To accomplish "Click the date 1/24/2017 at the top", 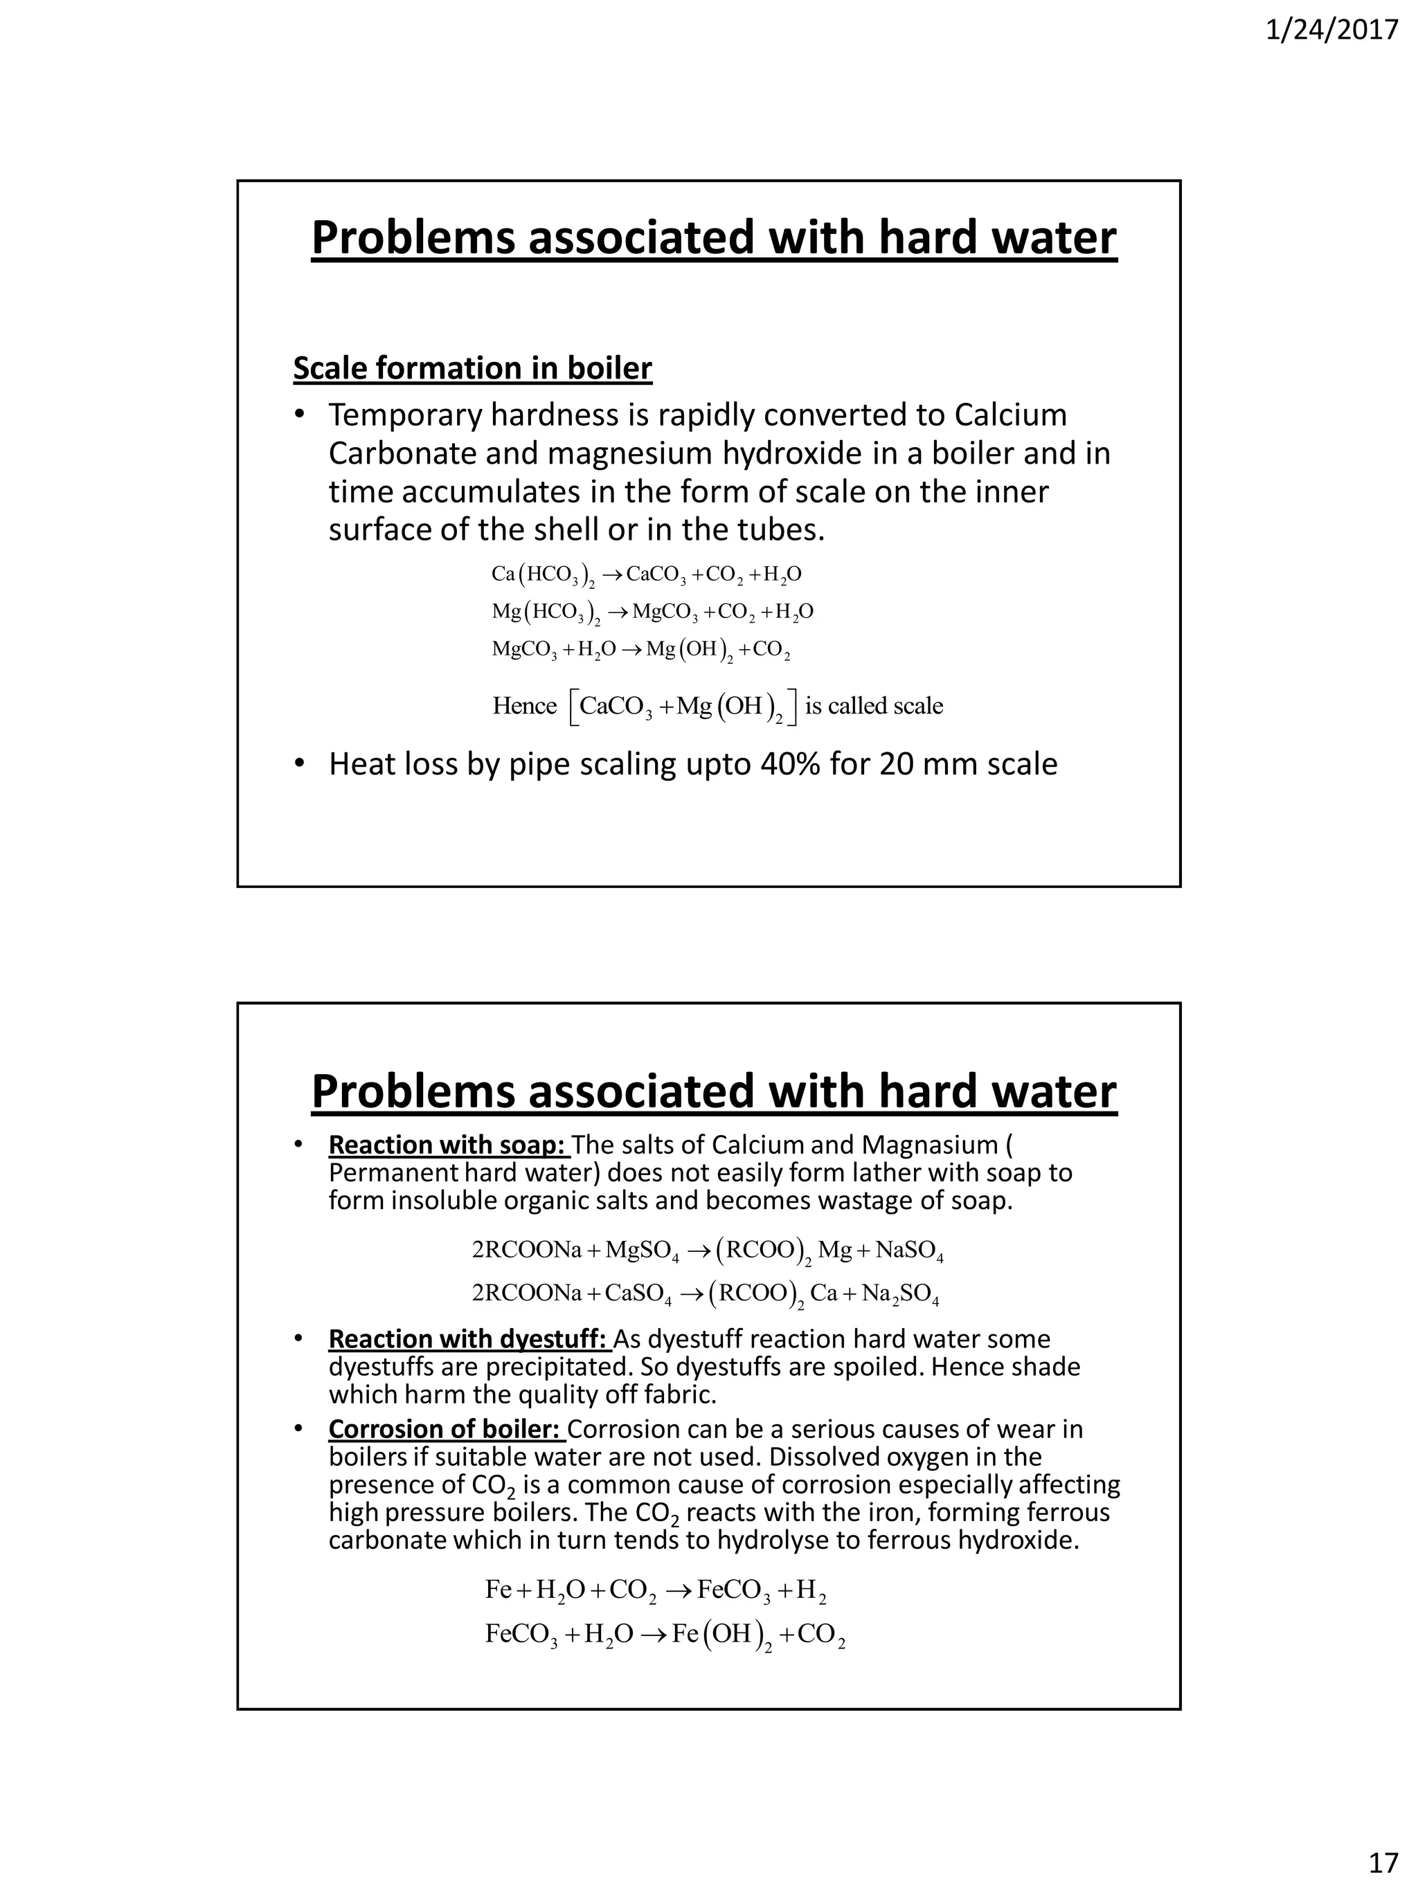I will pyautogui.click(x=1331, y=30).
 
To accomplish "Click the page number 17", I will pyautogui.click(x=1383, y=1862).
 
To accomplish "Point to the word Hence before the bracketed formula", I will pyautogui.click(x=524, y=706).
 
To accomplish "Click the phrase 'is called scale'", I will pyautogui.click(x=874, y=706).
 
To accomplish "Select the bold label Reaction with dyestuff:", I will pyautogui.click(x=467, y=1339).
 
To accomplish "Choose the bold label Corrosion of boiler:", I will pyautogui.click(x=445, y=1430).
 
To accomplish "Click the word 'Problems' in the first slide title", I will pyautogui.click(x=413, y=237).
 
